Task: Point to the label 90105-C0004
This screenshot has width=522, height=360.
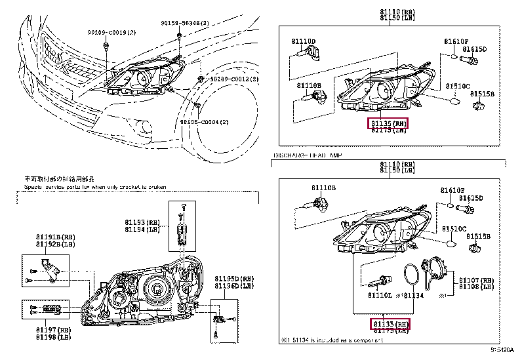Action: point(224,122)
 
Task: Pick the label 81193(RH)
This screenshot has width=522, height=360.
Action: point(142,222)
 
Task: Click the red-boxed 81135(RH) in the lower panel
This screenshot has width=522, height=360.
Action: point(390,324)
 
